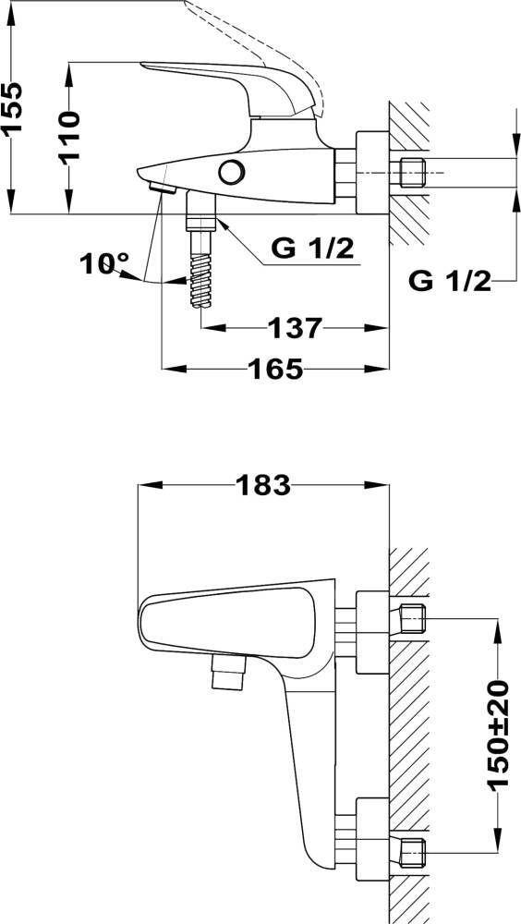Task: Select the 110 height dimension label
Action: [x=69, y=136]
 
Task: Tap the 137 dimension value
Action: [x=296, y=327]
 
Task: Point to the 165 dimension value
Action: [x=275, y=369]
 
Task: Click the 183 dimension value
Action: [x=263, y=485]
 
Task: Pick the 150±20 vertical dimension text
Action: [x=497, y=735]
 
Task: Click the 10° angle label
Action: [x=105, y=263]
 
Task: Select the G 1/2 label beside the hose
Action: [x=312, y=249]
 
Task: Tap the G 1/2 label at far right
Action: [x=450, y=282]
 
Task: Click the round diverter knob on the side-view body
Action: [x=232, y=172]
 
